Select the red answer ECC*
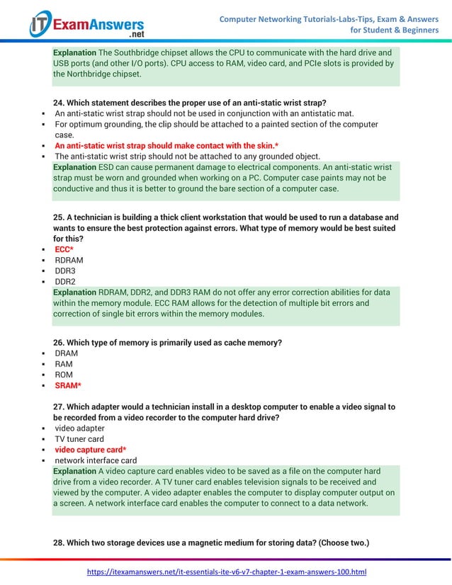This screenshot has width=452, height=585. coord(64,249)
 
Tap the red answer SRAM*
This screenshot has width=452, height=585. coord(68,385)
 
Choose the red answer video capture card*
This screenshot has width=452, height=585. coord(91,450)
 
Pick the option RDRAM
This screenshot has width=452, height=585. coord(68,260)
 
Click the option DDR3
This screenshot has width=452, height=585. coord(65,271)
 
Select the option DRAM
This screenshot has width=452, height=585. coord(67,353)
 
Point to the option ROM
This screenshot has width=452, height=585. coord(64,375)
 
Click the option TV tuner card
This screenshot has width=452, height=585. coord(79,439)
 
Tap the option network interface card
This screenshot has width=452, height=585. coord(96,460)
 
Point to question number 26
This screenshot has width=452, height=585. coord(59,343)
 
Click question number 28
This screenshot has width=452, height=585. coord(59,543)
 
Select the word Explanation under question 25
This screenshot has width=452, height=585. coord(74,292)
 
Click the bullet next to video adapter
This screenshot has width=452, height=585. coord(45,428)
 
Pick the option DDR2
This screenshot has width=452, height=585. coord(65,281)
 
